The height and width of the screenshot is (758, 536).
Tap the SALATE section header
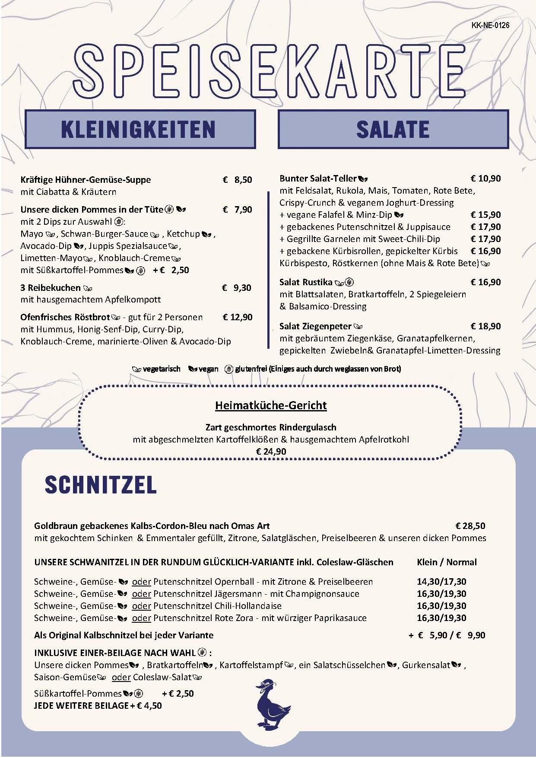(393, 129)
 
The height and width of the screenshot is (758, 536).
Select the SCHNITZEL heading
(100, 485)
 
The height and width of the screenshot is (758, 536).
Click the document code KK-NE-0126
(490, 25)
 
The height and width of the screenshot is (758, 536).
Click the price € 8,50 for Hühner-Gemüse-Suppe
(237, 180)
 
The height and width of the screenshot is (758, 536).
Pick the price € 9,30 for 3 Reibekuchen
(237, 288)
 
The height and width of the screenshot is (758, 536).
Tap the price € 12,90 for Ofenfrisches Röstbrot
(237, 317)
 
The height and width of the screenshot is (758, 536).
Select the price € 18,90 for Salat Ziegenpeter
(485, 326)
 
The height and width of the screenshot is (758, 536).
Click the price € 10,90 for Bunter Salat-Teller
(485, 178)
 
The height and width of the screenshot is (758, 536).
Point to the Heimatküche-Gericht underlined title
(271, 405)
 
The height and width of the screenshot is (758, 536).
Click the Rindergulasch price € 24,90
(271, 451)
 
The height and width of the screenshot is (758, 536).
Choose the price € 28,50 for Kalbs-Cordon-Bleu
(470, 526)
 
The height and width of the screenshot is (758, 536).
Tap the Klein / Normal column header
(447, 562)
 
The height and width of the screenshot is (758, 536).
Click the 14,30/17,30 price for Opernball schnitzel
(441, 582)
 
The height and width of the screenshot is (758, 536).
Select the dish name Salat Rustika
(306, 282)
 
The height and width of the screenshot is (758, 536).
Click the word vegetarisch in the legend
(162, 369)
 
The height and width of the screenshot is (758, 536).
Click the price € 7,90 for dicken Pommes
(237, 210)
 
